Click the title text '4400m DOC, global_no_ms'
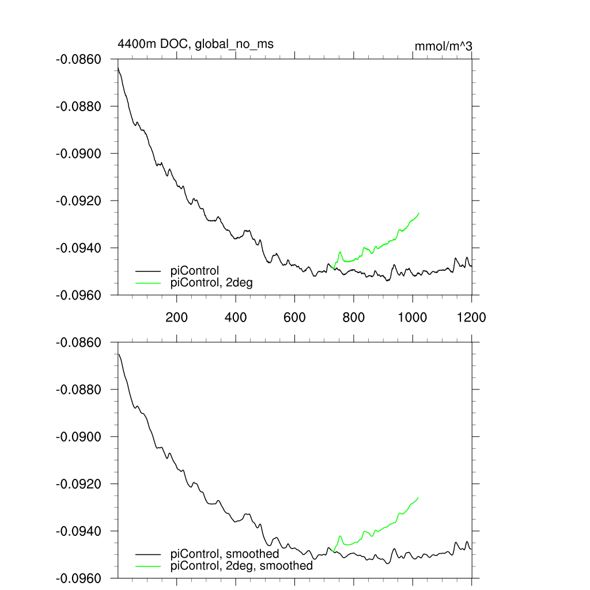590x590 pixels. point(195,44)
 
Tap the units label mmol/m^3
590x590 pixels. point(444,46)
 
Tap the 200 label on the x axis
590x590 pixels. point(176,317)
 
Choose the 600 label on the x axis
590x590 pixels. point(294,317)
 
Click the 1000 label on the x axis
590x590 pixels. point(413,317)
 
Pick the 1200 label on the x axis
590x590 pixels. point(471,317)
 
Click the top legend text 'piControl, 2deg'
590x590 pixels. point(211,282)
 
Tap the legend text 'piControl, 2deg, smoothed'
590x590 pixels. point(242,566)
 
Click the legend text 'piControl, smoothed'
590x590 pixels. point(225,554)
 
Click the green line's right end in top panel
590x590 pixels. point(419,213)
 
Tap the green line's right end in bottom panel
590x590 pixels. point(418,497)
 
